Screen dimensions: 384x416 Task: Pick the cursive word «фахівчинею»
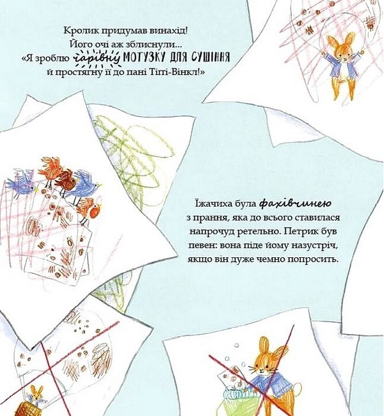295,204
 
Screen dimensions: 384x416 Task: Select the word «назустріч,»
314,245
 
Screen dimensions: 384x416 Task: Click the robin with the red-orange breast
90,209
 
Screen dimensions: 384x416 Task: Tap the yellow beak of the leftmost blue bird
36,189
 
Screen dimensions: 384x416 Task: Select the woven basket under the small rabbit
26,408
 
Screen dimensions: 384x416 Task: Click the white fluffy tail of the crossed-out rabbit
296,388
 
